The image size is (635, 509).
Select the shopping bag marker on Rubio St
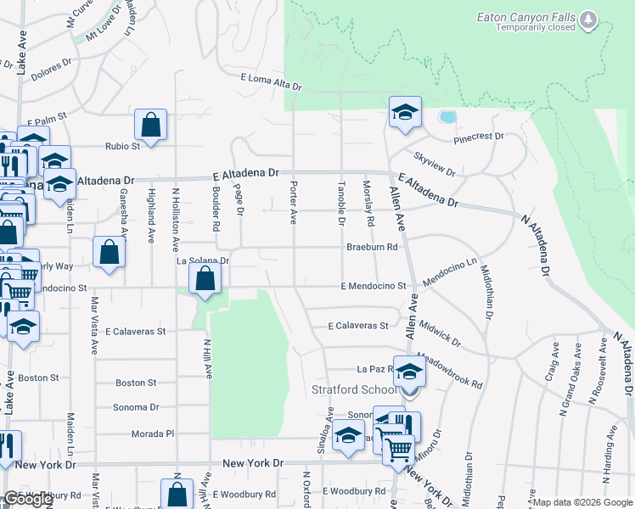click(150, 126)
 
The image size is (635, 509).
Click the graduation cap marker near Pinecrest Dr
click(406, 112)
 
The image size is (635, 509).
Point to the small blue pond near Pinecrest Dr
click(447, 116)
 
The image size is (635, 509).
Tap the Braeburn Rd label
click(372, 247)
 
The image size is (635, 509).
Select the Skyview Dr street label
click(435, 165)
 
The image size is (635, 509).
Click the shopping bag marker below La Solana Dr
click(205, 278)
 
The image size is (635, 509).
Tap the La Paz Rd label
click(372, 369)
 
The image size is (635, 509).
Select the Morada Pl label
click(153, 433)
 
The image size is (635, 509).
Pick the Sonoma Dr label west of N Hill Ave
click(136, 407)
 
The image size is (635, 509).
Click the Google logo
click(28, 500)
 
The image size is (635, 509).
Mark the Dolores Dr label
click(52, 65)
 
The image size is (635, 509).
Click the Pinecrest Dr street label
click(479, 137)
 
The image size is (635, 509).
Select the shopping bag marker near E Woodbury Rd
click(176, 495)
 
